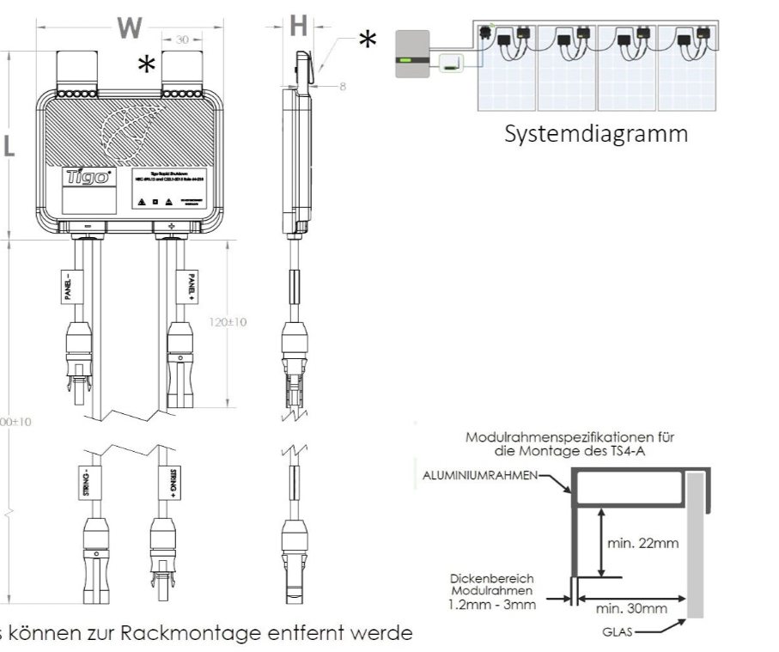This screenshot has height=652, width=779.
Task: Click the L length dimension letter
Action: [9, 147]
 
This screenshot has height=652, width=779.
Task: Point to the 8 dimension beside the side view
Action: [341, 88]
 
